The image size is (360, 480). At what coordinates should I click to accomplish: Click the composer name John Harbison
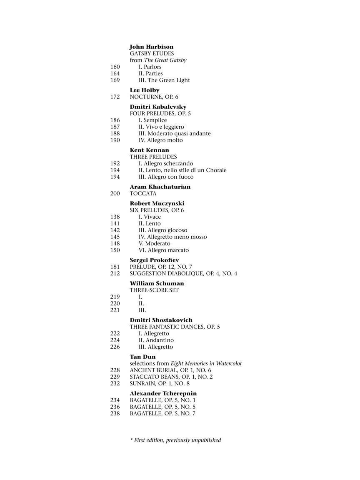pyautogui.click(x=151, y=47)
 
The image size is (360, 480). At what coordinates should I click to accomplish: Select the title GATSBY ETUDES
pyautogui.click(x=152, y=54)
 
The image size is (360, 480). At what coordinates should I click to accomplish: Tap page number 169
pyautogui.click(x=115, y=80)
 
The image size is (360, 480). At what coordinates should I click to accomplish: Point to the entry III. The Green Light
pyautogui.click(x=164, y=80)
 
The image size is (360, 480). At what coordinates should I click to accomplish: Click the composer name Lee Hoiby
pyautogui.click(x=145, y=90)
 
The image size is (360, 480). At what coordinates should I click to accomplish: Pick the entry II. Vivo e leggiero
pyautogui.click(x=161, y=127)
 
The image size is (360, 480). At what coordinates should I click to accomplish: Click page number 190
pyautogui.click(x=115, y=140)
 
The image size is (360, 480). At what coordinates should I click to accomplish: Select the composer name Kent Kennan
pyautogui.click(x=149, y=150)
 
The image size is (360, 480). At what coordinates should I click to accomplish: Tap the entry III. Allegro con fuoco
pyautogui.click(x=166, y=177)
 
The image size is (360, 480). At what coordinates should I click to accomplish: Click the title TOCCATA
pyautogui.click(x=143, y=194)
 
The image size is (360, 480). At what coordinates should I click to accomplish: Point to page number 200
pyautogui.click(x=115, y=194)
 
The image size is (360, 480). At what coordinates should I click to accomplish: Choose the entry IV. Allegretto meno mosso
pyautogui.click(x=172, y=237)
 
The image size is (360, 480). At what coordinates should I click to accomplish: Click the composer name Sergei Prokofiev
pyautogui.click(x=154, y=260)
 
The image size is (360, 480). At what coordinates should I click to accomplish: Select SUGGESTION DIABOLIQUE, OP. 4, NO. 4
pyautogui.click(x=183, y=274)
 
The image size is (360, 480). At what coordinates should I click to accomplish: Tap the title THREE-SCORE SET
pyautogui.click(x=154, y=290)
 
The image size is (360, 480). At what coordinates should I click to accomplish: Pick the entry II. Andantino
pyautogui.click(x=156, y=340)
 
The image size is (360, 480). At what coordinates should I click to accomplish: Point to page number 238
pyautogui.click(x=115, y=414)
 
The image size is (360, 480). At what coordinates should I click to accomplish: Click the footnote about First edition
pyautogui.click(x=175, y=440)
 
